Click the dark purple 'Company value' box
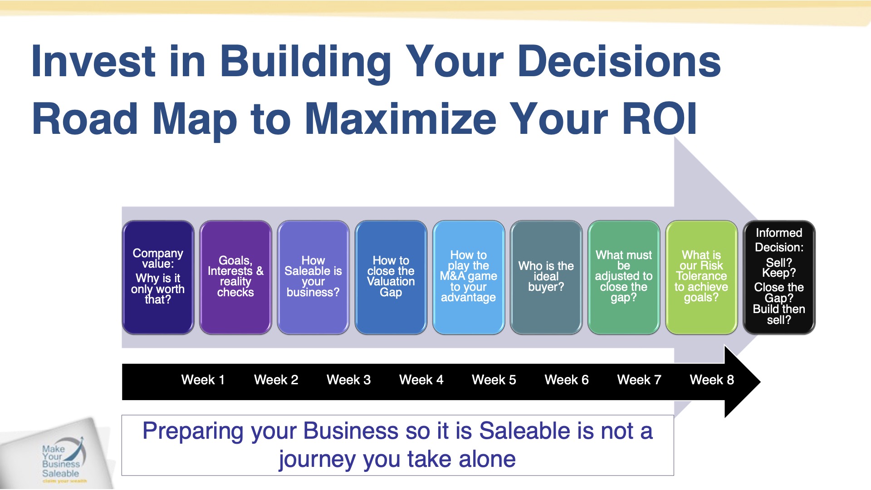158,277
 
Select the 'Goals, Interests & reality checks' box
235,277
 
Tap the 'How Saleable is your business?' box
313,277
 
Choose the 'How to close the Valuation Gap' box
391,277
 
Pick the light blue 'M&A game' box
469,277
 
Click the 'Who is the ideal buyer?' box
546,277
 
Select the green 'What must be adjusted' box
624,277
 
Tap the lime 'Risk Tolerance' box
701,277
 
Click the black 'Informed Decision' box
779,277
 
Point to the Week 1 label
203,380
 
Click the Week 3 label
349,380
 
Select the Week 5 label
494,380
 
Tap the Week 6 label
567,380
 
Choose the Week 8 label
712,380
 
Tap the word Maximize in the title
401,118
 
